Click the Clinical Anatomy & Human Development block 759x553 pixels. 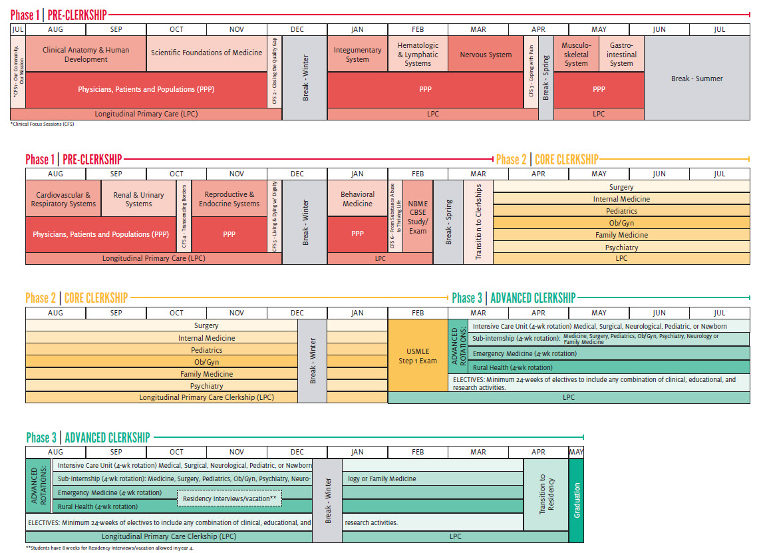point(86,54)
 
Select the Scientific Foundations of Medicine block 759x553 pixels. point(206,53)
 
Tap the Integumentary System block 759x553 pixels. point(357,54)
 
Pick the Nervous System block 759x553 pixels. point(486,54)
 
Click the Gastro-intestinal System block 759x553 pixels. point(621,54)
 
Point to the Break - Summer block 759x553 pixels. point(696,79)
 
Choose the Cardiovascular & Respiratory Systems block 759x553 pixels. point(63,199)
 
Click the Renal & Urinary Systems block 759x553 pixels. point(138,199)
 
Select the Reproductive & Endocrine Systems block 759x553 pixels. point(229,199)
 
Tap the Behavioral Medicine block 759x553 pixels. point(357,199)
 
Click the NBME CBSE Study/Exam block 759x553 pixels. point(418,217)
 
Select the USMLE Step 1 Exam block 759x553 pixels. point(418,355)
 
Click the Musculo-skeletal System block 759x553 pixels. point(576,54)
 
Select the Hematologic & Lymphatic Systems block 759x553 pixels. point(418,54)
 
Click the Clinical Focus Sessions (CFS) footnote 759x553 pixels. point(42,124)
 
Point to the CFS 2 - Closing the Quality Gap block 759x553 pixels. point(275,71)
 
